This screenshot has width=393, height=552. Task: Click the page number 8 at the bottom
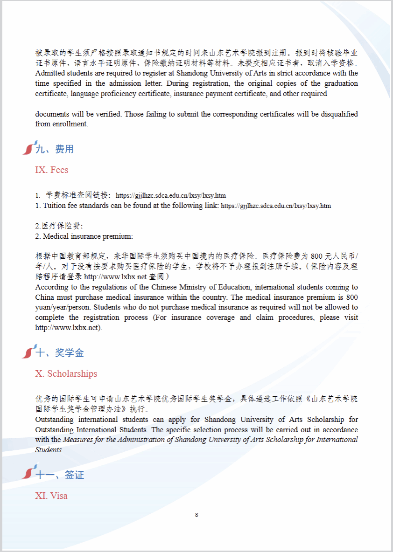[196, 515]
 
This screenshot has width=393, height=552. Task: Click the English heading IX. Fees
[52, 170]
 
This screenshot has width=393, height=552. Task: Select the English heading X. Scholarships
[66, 374]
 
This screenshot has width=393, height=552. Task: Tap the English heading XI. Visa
[51, 496]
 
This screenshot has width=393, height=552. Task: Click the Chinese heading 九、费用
[55, 149]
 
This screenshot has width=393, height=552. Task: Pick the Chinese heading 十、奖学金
[60, 353]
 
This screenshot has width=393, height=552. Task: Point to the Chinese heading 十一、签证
[61, 475]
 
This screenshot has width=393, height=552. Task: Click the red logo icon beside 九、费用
[29, 148]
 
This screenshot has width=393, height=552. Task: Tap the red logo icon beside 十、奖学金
[29, 352]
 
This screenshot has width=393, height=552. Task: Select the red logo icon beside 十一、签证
[29, 474]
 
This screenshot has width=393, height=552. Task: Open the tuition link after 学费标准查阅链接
[171, 196]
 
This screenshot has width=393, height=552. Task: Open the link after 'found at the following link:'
[276, 206]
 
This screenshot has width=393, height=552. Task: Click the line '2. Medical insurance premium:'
[84, 236]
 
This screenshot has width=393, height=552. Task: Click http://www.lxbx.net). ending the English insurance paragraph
[68, 328]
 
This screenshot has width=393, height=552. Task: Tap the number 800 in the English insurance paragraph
[352, 297]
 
